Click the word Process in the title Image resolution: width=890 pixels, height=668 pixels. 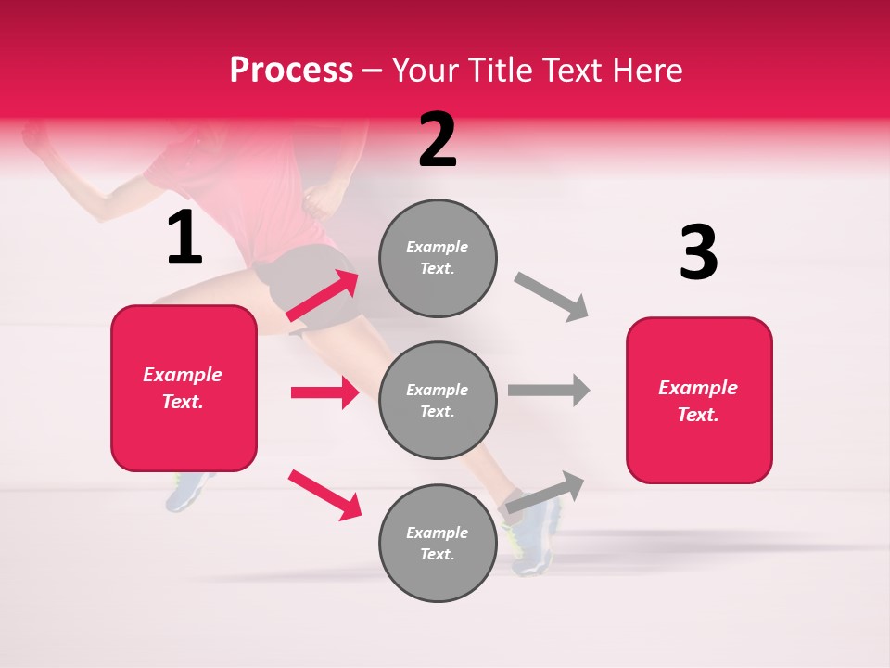(x=291, y=71)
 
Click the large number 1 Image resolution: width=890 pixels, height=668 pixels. (x=184, y=238)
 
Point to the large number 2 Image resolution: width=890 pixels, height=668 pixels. (x=438, y=140)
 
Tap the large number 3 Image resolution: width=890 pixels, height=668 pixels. (x=698, y=252)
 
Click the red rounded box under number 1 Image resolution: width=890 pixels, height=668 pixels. (x=184, y=388)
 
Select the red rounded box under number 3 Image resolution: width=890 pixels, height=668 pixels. (x=699, y=400)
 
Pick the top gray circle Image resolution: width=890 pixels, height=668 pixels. (x=438, y=257)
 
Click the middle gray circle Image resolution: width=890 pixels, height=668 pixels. (x=438, y=400)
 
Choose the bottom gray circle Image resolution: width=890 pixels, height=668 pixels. (x=438, y=543)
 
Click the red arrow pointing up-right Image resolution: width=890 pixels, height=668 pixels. (x=323, y=295)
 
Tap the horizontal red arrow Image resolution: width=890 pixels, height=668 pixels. (x=324, y=392)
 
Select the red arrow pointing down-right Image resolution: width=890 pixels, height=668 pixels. (x=324, y=495)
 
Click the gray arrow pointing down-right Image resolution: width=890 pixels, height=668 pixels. (x=552, y=297)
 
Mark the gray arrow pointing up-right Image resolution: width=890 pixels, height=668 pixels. (x=544, y=492)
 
